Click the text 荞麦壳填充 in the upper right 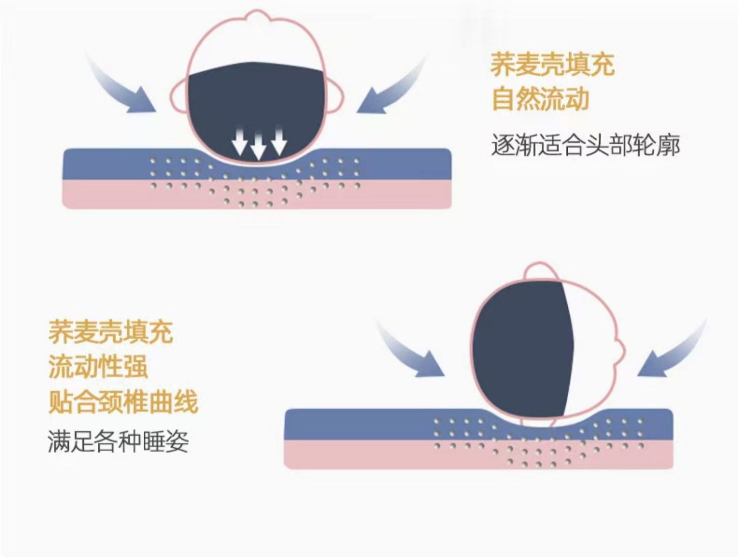[x=552, y=65]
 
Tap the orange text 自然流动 [x=540, y=99]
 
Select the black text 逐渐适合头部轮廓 [x=585, y=146]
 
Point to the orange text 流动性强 [x=98, y=366]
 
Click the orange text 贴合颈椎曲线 [x=123, y=402]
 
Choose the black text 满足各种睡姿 [x=118, y=441]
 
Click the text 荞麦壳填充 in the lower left [x=110, y=332]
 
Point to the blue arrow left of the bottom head [x=408, y=350]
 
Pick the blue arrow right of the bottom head [x=674, y=350]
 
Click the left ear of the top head [x=180, y=93]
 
